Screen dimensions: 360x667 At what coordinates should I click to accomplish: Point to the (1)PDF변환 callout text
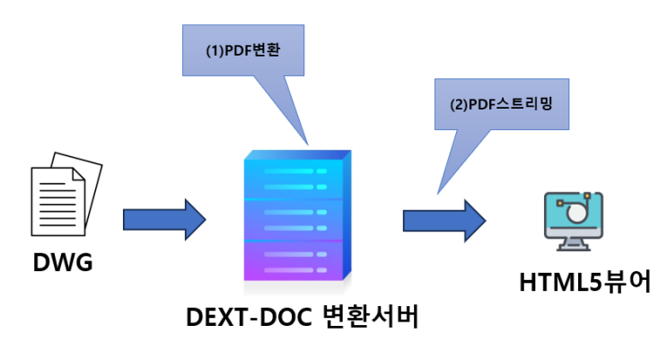[x=240, y=51]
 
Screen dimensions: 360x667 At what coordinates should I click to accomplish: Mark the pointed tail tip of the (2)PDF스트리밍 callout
[x=437, y=192]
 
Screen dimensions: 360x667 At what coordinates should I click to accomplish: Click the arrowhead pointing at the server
[x=195, y=218]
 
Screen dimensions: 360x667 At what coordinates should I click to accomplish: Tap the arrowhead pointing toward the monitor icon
[x=473, y=218]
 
